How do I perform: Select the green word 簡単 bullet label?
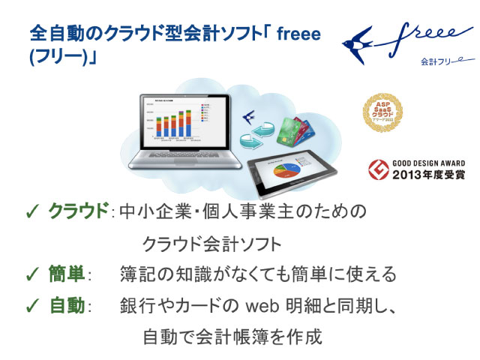pos(67,274)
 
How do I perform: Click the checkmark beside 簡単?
pos(32,274)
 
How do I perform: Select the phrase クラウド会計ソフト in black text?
pos(212,244)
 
